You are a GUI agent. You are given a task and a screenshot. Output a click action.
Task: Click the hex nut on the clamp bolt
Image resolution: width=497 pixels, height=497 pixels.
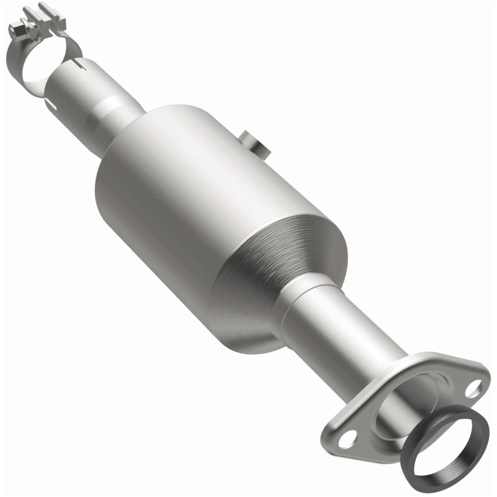coord(19,28)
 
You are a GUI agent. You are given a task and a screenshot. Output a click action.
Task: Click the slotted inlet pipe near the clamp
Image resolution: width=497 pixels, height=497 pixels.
coord(93,81)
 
